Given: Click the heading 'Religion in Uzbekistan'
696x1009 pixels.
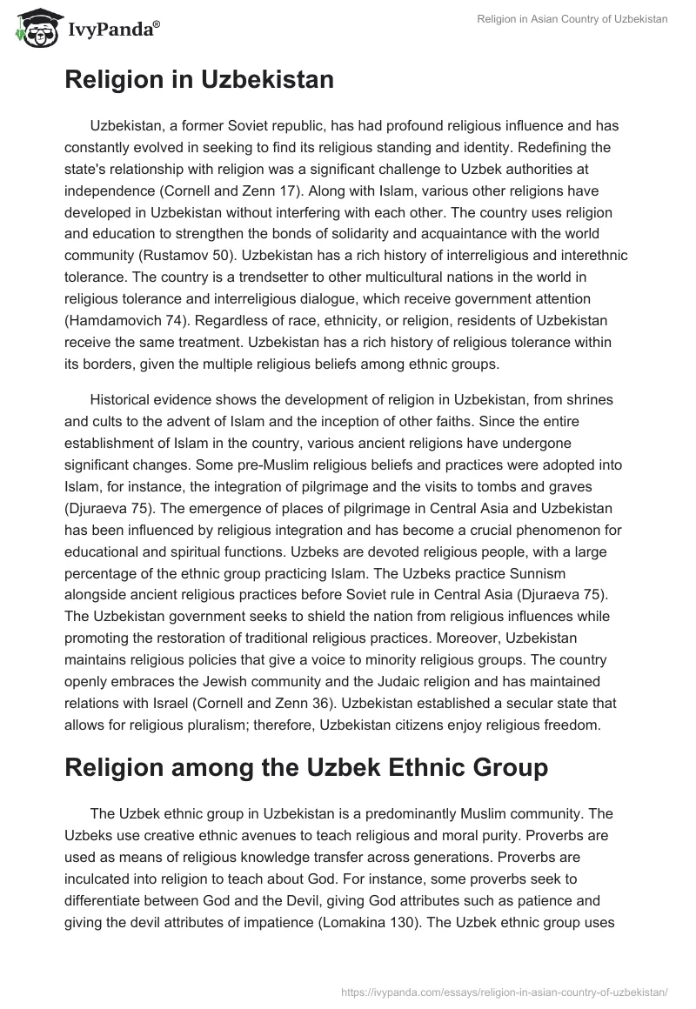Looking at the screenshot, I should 198,80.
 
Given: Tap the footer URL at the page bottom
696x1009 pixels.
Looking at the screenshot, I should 505,990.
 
